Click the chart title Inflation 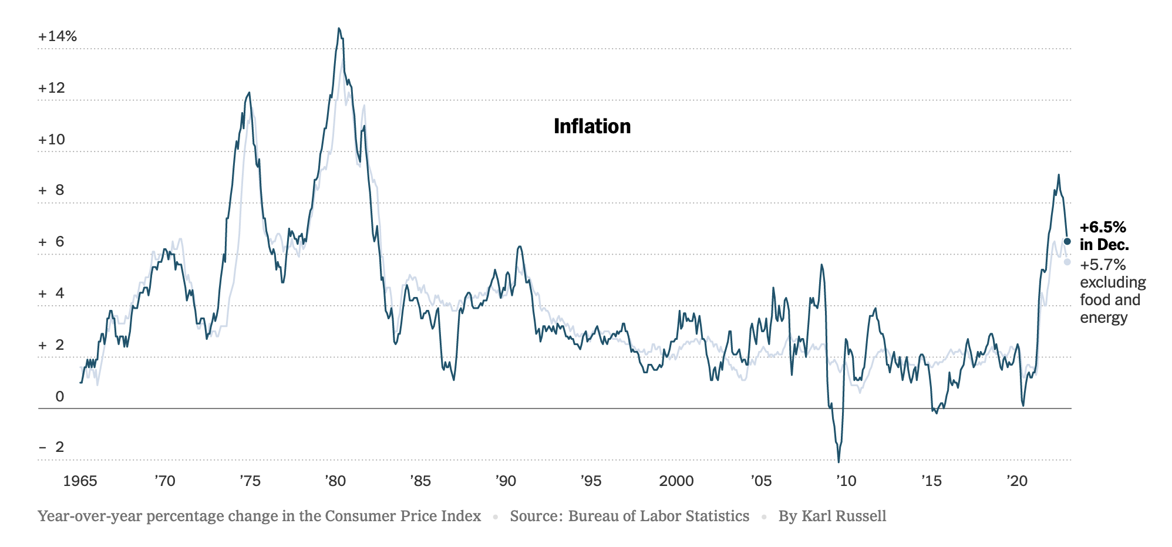click(592, 126)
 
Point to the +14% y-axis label click(58, 36)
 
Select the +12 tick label click(52, 88)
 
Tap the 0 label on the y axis click(59, 397)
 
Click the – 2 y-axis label click(52, 447)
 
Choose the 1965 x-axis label click(80, 481)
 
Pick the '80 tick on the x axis click(335, 481)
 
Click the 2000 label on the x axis click(676, 481)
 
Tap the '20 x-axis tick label click(1017, 481)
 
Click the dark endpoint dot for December click(1067, 241)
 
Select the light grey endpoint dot click(1067, 262)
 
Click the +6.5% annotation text click(1103, 228)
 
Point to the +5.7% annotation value click(1103, 265)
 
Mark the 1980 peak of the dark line click(339, 28)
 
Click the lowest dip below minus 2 click(838, 461)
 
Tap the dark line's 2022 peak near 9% click(1058, 175)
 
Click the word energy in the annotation click(1103, 318)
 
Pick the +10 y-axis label click(52, 140)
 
